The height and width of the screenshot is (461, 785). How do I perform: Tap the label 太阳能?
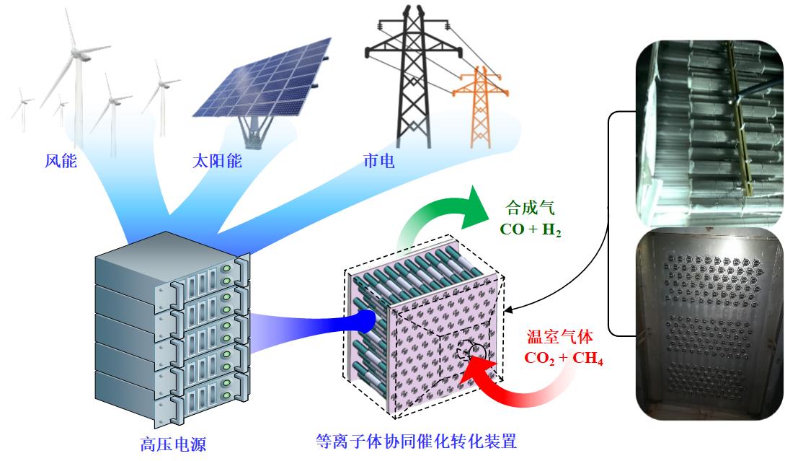pyautogui.click(x=216, y=161)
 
